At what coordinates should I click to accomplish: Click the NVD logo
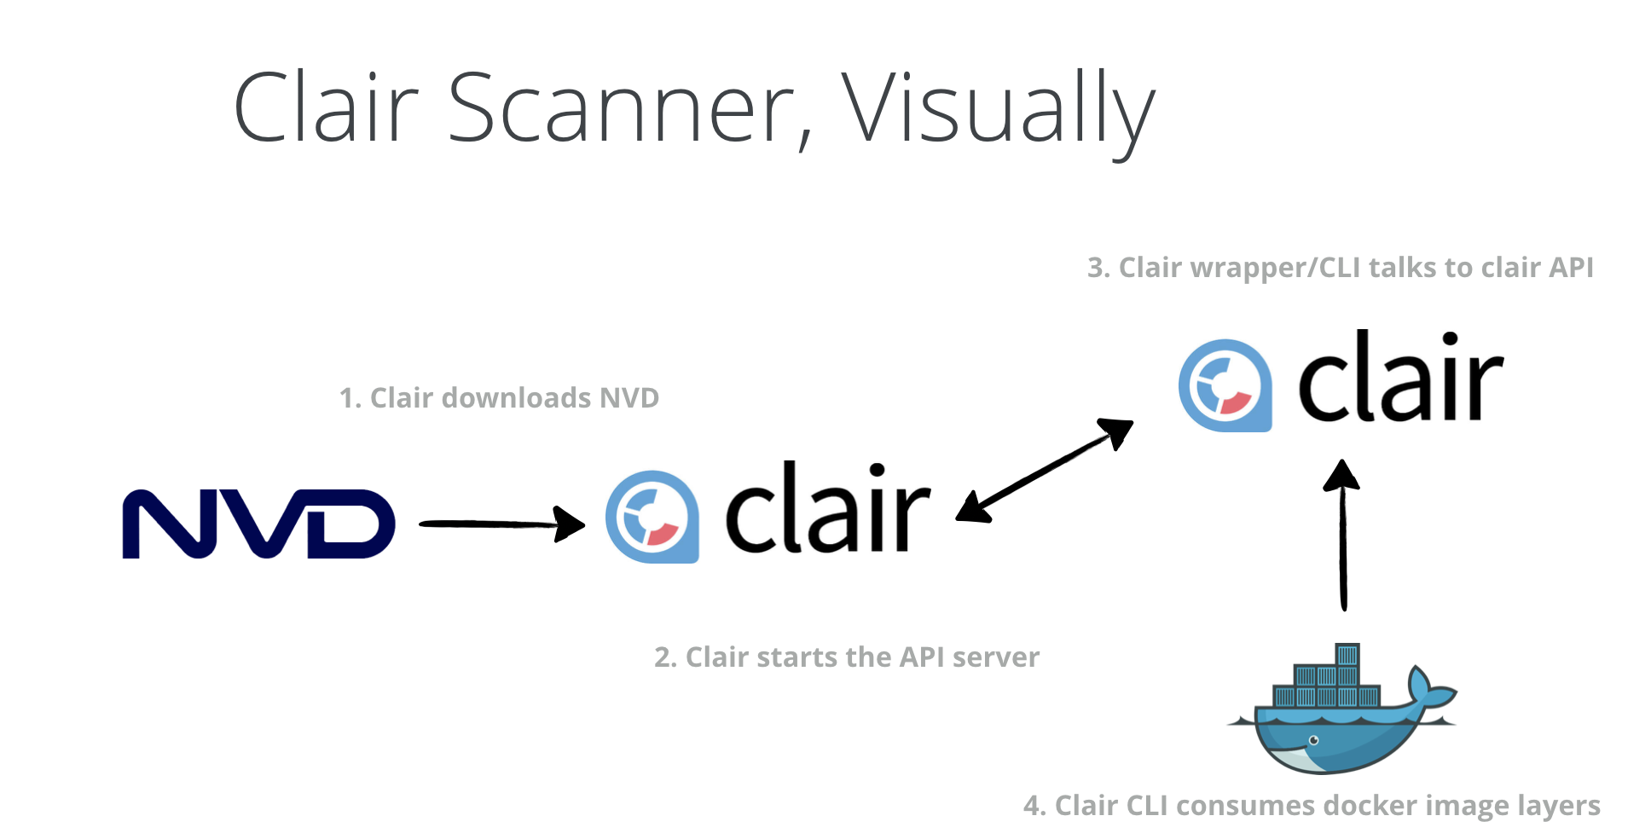tap(258, 524)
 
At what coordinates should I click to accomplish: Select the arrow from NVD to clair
tap(501, 524)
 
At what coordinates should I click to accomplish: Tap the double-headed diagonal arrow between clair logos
tap(1045, 470)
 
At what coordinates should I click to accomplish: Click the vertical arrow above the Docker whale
tap(1342, 535)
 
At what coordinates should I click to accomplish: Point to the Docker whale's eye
tap(1314, 740)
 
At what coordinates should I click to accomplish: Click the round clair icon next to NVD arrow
tap(652, 517)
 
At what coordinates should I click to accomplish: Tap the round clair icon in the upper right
tap(1225, 385)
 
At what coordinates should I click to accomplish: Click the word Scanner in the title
tap(629, 108)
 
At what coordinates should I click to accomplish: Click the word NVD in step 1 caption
tap(629, 398)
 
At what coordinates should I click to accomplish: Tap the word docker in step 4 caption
tap(1370, 806)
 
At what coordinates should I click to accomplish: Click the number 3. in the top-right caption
tap(1098, 269)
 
